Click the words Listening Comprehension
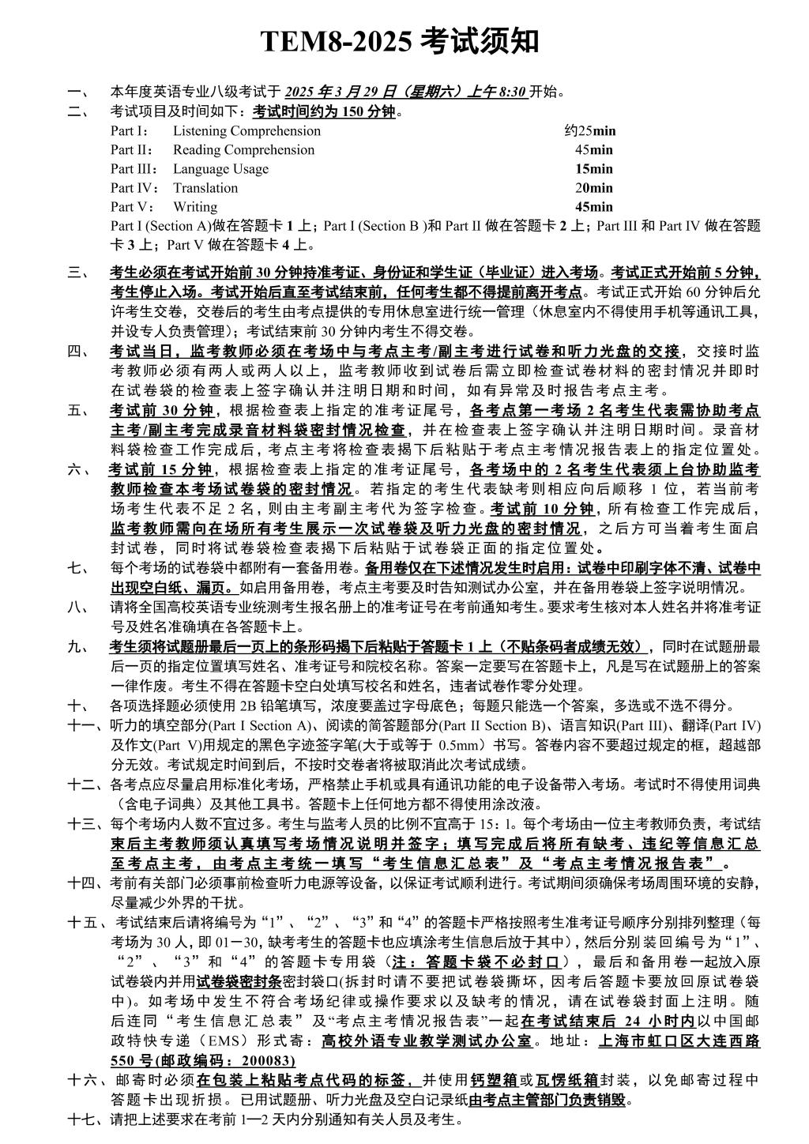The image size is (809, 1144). [x=246, y=131]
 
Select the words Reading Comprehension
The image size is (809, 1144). [x=243, y=150]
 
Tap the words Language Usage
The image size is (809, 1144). [x=220, y=169]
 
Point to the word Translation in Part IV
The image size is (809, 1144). [x=205, y=188]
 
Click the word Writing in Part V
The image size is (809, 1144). [x=195, y=207]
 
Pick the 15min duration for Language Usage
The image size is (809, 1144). [x=593, y=169]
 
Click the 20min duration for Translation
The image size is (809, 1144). [x=593, y=188]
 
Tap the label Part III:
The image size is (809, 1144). [x=134, y=169]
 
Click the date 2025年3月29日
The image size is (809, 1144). [x=330, y=92]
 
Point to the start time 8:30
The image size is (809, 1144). [x=512, y=92]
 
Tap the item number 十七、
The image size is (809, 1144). [x=86, y=1119]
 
